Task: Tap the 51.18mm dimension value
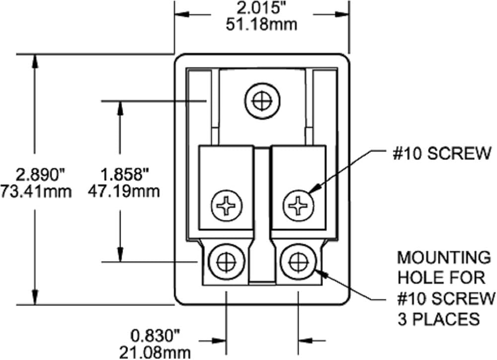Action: click(x=261, y=25)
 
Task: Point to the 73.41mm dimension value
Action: click(x=36, y=192)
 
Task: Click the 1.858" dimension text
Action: click(x=125, y=175)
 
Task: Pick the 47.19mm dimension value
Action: click(x=124, y=191)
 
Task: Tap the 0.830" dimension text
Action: click(x=155, y=336)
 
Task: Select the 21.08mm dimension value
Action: click(x=155, y=353)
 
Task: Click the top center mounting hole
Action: click(x=263, y=101)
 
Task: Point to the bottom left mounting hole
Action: click(x=227, y=262)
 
